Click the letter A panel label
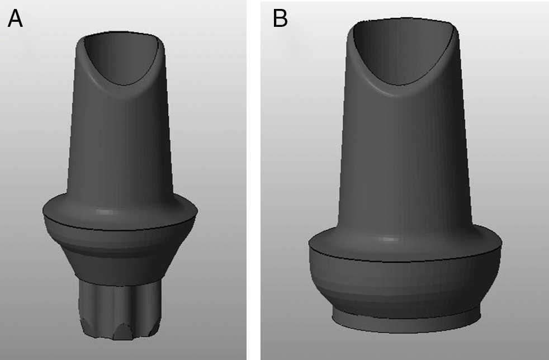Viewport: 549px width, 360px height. point(15,18)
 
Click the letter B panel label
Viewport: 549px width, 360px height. point(280,18)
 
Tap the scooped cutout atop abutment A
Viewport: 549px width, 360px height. point(122,58)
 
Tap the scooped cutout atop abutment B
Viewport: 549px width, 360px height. point(404,51)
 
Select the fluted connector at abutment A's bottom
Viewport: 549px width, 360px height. point(120,310)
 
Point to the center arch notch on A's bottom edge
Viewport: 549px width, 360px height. point(122,331)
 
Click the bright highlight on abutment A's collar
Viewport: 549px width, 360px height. point(105,212)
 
